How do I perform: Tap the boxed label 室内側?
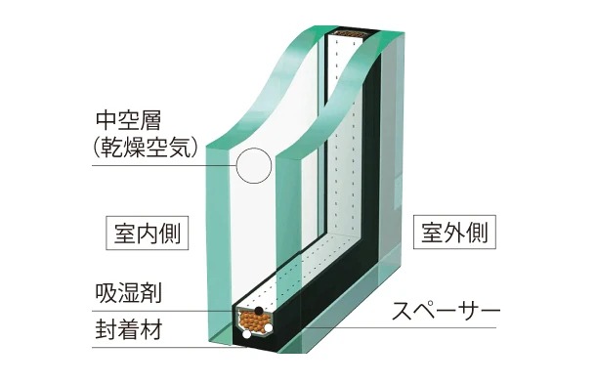147,235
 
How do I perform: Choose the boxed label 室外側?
456,235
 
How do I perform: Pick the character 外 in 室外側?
456,235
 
